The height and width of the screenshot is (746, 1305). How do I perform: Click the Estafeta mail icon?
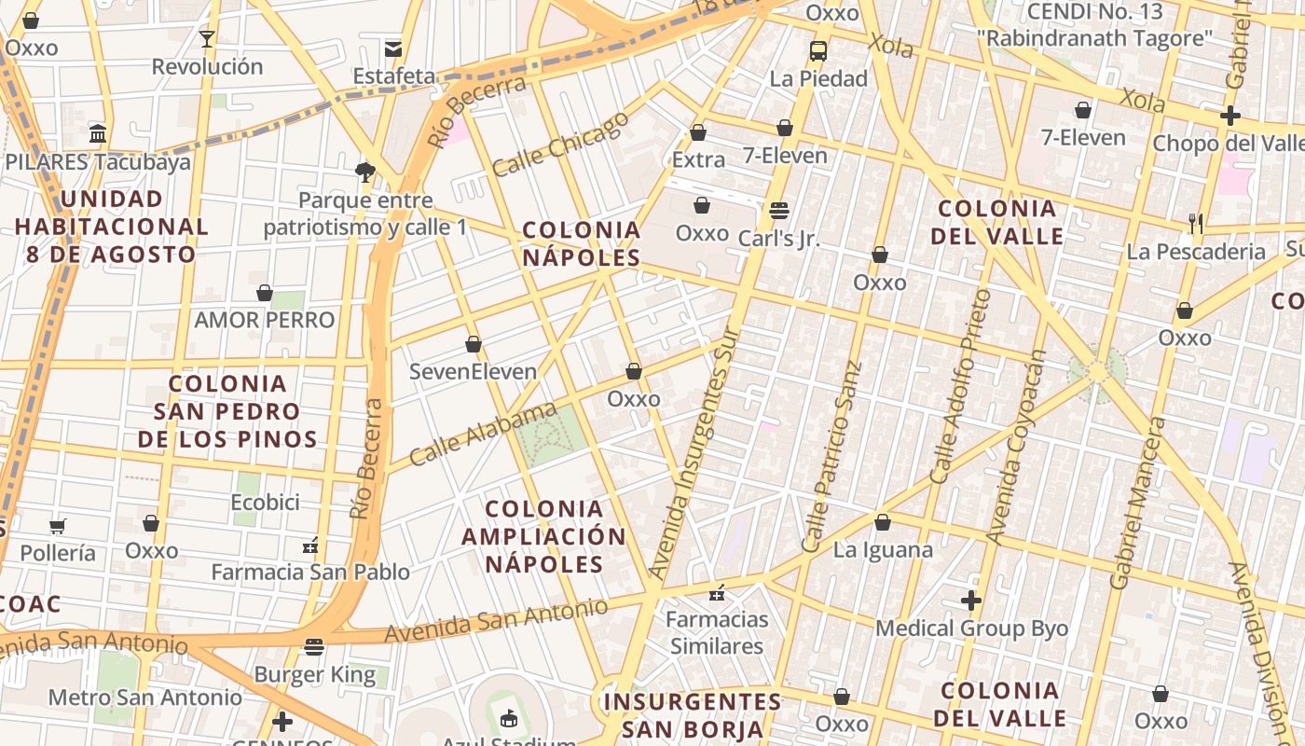pos(393,48)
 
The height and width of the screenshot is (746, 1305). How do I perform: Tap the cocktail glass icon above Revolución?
pos(207,39)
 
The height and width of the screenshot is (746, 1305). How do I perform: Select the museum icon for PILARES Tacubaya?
pos(98,134)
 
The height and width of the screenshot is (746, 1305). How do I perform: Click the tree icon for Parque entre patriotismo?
pos(365,172)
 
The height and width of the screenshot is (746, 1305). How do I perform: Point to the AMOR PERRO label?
pos(264,320)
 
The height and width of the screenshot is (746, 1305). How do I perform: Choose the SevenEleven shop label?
pos(474,372)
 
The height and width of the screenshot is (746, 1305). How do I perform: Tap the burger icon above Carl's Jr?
pos(779,211)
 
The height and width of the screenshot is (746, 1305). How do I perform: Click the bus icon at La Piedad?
pos(818,51)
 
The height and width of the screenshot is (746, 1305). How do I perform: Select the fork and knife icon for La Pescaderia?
pos(1196,224)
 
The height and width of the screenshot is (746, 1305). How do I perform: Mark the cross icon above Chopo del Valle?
pos(1230,116)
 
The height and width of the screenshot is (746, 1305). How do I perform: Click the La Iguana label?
pos(883,549)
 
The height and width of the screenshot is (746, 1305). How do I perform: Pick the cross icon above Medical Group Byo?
pos(971,601)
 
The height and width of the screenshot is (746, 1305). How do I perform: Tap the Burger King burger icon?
pos(314,646)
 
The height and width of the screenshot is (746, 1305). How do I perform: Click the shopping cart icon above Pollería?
pos(58,526)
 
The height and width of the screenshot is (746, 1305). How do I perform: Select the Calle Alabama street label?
pos(483,435)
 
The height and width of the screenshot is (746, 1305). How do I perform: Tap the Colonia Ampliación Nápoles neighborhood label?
pos(543,536)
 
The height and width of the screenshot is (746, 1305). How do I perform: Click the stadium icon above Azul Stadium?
pos(508,718)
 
